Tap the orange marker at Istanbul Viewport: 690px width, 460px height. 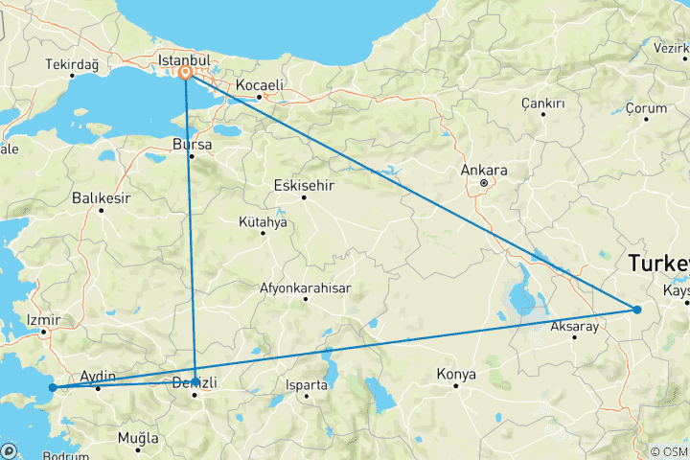186,73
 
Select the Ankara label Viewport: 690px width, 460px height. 484,171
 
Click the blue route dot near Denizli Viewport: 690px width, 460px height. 195,381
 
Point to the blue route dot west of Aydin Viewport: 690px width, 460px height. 53,388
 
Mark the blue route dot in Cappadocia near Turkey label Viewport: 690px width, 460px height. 636,310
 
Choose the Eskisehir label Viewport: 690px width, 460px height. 303,184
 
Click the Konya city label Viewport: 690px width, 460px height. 456,373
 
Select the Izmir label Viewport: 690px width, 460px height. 44,319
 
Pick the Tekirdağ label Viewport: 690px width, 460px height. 72,64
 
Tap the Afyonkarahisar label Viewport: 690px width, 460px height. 306,287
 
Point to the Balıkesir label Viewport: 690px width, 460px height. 100,198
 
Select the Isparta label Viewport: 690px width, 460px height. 308,384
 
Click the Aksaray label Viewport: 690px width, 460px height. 575,327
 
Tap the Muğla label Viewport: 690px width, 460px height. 138,438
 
